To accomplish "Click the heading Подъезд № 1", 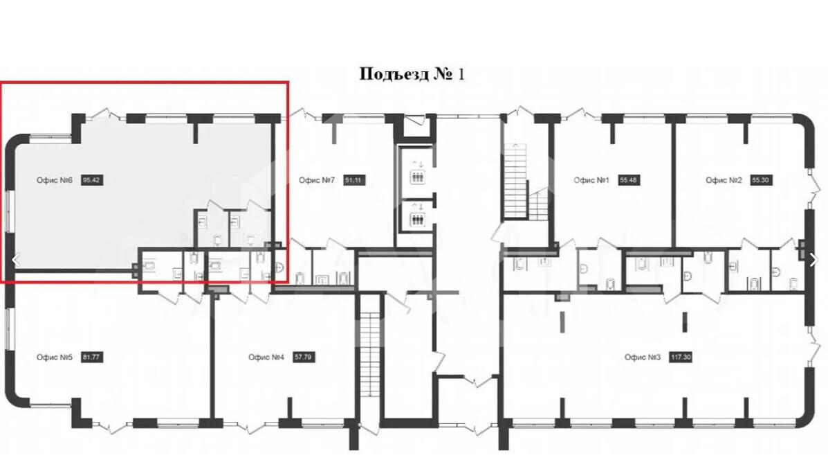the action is point(412,73).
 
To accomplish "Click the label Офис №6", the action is point(55,180).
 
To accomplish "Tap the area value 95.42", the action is point(91,180).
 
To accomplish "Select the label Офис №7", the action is point(317,180).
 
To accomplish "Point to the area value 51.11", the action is point(353,180).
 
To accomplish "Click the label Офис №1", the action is point(591,180).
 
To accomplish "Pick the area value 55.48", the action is point(628,180).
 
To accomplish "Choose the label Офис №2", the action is point(724,180).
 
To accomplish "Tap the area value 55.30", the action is point(760,180).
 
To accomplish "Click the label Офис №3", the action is point(643,357).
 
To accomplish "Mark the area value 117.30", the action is point(681,357).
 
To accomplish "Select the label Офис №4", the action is point(266,357).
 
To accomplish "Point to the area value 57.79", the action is point(303,357).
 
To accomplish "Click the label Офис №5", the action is point(55,357).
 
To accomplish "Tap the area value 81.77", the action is point(91,357).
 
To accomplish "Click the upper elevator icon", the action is point(418,177).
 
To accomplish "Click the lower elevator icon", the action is point(418,220).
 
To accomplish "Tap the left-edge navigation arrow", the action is point(17,260).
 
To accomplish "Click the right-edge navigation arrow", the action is point(812,260).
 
